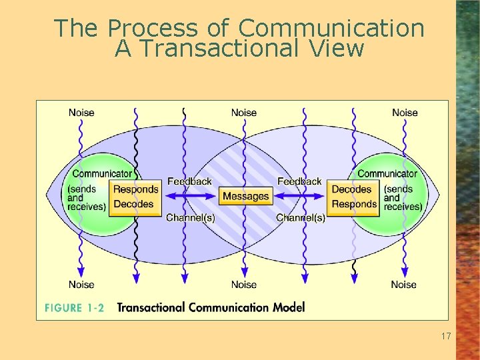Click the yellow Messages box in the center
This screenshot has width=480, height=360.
coord(245,196)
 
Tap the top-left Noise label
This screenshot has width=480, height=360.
coord(81,113)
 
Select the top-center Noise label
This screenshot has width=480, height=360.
coord(243,113)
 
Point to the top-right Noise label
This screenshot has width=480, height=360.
coord(405,113)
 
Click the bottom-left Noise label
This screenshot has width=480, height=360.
coord(81,285)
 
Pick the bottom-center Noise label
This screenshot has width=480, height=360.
coord(243,285)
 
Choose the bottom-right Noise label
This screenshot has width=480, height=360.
coord(403,285)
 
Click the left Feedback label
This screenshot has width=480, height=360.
coord(189,181)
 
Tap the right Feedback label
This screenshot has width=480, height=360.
coord(299,181)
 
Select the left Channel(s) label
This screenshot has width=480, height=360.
coord(190,217)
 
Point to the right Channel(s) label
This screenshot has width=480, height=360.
coord(301,217)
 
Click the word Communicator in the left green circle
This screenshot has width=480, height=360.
coord(102,174)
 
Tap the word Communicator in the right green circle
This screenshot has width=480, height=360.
coord(387,174)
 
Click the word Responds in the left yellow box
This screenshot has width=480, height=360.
coord(135,190)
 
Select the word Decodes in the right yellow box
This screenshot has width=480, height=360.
coord(351,190)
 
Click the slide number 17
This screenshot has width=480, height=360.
coord(446,337)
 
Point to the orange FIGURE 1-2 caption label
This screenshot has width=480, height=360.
coord(74,307)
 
